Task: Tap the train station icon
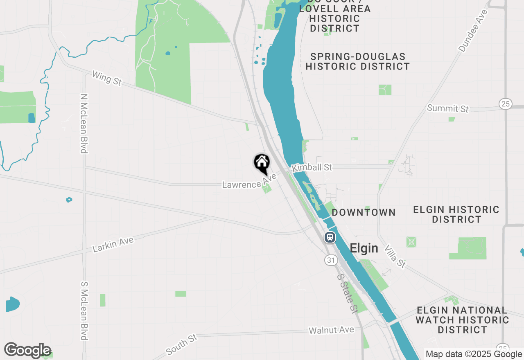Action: [x=330, y=237]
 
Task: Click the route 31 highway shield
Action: [x=331, y=260]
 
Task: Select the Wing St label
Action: [x=107, y=78]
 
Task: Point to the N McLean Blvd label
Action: [x=84, y=124]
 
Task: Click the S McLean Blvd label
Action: [x=84, y=310]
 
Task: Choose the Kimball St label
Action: [x=312, y=168]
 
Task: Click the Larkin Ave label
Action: [x=113, y=244]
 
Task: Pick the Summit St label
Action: [x=447, y=108]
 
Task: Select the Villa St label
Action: [x=395, y=256]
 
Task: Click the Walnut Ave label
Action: [x=331, y=330]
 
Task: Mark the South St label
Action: [x=181, y=344]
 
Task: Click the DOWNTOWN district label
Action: [x=364, y=212]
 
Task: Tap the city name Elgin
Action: [x=364, y=248]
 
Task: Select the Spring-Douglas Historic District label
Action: [x=357, y=61]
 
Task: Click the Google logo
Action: [x=27, y=351]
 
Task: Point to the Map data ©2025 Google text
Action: [x=474, y=354]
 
